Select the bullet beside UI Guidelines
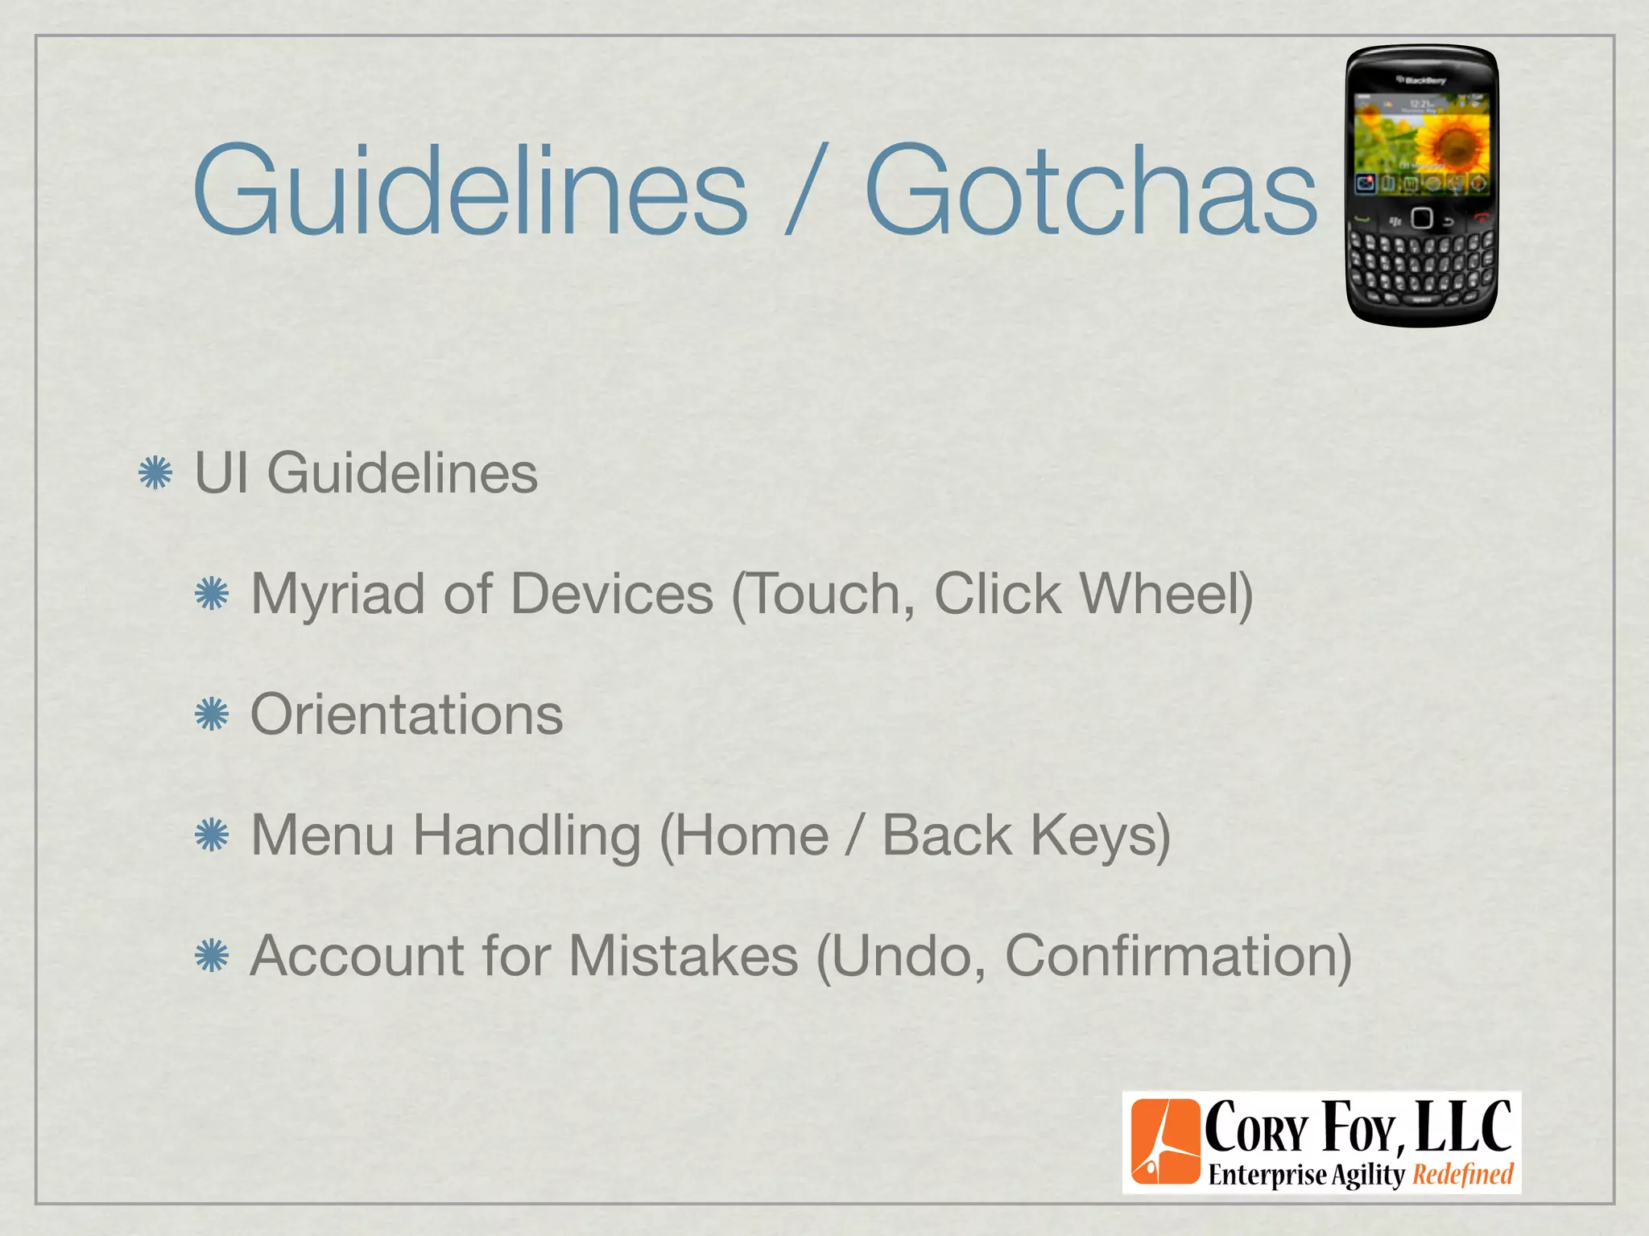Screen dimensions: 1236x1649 tap(155, 472)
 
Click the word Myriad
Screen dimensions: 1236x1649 tap(338, 595)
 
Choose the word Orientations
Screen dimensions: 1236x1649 tap(407, 715)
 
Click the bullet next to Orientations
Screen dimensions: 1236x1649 tap(212, 715)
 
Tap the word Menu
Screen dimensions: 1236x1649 tap(322, 835)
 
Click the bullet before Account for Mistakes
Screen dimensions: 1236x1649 tap(212, 956)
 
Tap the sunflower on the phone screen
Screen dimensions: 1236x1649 tap(1453, 145)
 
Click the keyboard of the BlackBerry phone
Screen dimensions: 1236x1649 tap(1421, 266)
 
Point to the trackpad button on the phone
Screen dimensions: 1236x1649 tap(1422, 218)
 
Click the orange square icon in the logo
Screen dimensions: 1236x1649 tap(1165, 1142)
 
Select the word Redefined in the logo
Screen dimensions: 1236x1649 tap(1463, 1175)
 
